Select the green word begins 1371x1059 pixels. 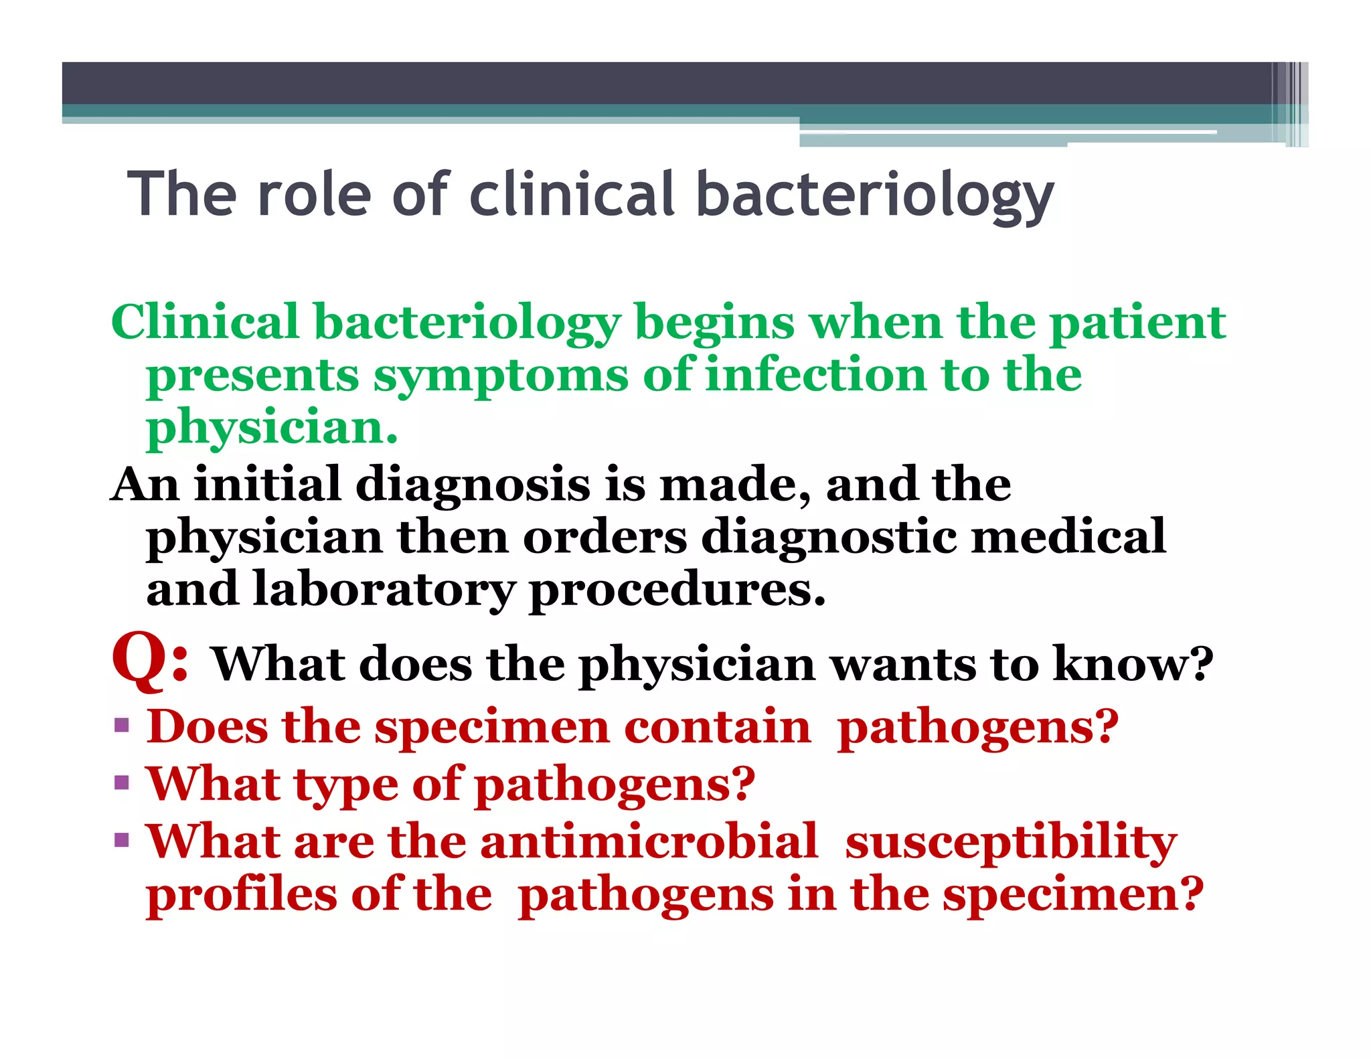(714, 323)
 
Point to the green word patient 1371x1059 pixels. (1137, 323)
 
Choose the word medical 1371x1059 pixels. (1068, 537)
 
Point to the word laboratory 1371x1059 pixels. (384, 590)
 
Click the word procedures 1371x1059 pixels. (677, 591)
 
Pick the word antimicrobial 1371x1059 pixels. (649, 841)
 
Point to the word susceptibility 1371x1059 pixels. (1011, 843)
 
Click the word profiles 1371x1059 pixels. (242, 895)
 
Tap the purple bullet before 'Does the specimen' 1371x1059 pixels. (121, 726)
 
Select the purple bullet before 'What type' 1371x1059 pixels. (121, 783)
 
